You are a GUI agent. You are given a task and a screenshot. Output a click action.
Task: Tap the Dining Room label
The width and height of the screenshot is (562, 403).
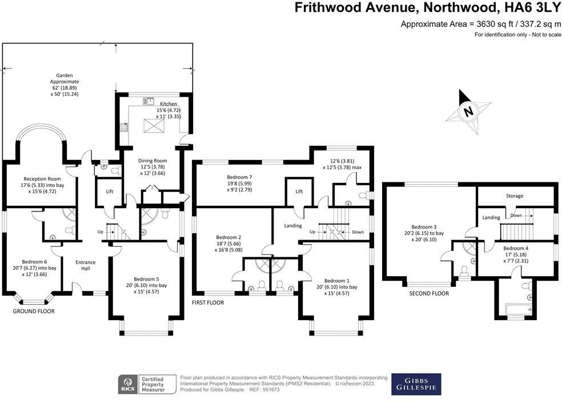pos(153,161)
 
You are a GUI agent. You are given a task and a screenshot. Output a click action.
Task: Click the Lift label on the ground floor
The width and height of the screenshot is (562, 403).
pos(109,191)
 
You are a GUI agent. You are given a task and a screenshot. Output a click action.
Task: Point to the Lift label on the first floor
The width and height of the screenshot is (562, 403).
pos(299,191)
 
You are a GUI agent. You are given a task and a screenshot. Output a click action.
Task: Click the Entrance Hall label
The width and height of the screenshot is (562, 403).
pos(86,265)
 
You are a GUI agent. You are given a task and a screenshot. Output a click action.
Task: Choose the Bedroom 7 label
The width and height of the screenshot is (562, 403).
pos(238,177)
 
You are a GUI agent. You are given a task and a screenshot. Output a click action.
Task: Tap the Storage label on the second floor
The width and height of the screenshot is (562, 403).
pos(514,196)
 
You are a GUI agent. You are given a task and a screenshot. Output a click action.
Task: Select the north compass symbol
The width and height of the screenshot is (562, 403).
pos(468,111)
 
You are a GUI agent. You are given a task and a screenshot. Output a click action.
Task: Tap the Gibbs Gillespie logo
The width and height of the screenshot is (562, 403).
pos(416,384)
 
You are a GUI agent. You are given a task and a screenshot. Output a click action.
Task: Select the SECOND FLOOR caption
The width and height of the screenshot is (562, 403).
pos(429,293)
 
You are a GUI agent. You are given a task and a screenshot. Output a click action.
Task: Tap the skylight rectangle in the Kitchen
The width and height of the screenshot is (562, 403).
pos(152,124)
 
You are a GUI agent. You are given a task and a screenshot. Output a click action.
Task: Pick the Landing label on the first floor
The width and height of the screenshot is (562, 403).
pos(293,226)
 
